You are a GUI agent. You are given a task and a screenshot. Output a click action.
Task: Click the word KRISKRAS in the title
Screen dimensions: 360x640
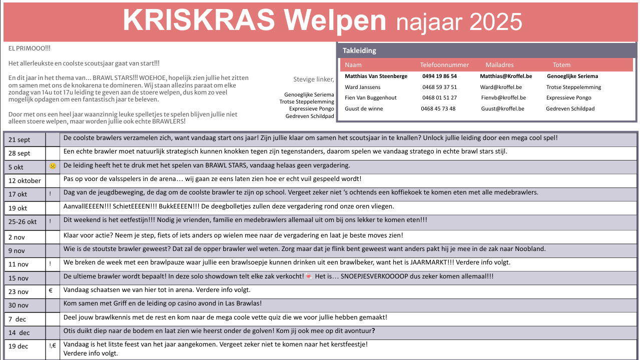point(199,20)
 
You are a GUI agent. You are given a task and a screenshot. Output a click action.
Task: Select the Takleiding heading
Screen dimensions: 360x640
point(359,50)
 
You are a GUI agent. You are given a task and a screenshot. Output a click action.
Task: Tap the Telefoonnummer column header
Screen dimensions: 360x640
point(444,65)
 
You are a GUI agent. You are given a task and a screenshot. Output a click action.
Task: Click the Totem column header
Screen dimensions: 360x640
point(561,65)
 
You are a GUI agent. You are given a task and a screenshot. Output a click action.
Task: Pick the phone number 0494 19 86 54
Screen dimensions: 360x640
point(439,76)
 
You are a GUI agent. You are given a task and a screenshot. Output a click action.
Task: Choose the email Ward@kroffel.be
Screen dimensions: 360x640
point(500,87)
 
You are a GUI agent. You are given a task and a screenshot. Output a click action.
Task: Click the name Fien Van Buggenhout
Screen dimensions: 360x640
point(371,98)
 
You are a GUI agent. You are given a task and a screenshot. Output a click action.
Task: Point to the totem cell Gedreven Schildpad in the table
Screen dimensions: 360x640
point(570,108)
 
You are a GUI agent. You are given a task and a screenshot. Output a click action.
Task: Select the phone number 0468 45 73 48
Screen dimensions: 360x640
point(438,108)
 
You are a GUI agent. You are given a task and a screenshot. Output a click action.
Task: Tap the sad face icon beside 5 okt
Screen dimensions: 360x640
point(53,166)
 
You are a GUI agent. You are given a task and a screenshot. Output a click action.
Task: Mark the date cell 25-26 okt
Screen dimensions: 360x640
point(23,222)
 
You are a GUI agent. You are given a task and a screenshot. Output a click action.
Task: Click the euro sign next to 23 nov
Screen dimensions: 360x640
point(51,289)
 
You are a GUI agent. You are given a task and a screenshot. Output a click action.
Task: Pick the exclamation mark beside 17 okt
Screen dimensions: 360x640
point(51,193)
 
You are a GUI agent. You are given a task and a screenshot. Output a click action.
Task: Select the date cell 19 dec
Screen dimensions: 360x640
point(19,346)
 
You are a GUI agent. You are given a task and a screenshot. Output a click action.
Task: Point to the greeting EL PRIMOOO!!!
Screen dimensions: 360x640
point(30,48)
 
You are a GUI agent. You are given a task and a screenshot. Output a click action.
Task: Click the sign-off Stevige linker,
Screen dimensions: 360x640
point(313,79)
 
